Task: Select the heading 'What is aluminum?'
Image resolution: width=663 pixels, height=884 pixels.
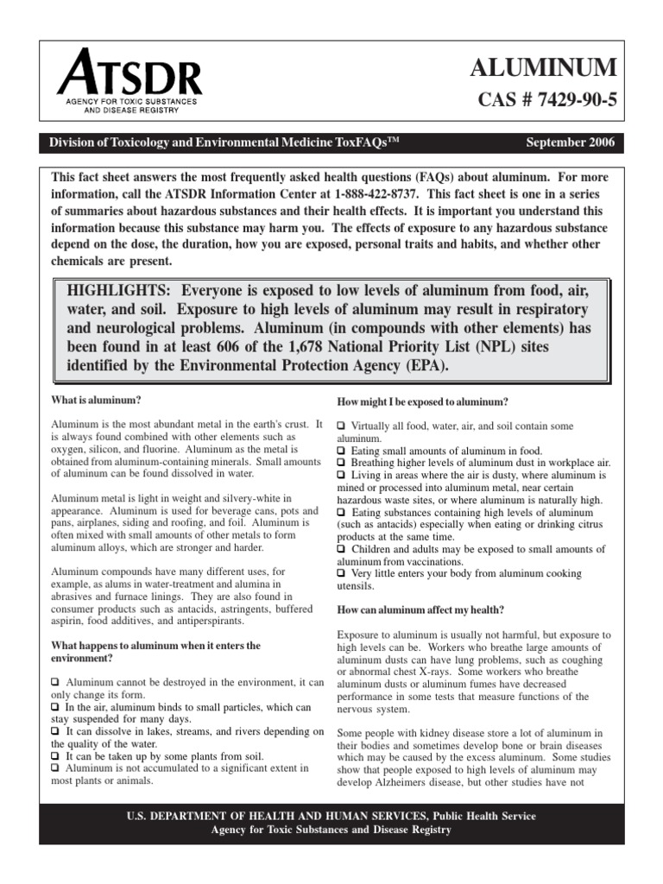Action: (x=96, y=401)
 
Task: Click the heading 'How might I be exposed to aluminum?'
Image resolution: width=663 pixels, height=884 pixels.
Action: (x=421, y=402)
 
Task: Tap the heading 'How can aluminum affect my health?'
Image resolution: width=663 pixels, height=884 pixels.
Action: (x=420, y=609)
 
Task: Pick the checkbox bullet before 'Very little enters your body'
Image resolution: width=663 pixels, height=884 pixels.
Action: (x=341, y=573)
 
